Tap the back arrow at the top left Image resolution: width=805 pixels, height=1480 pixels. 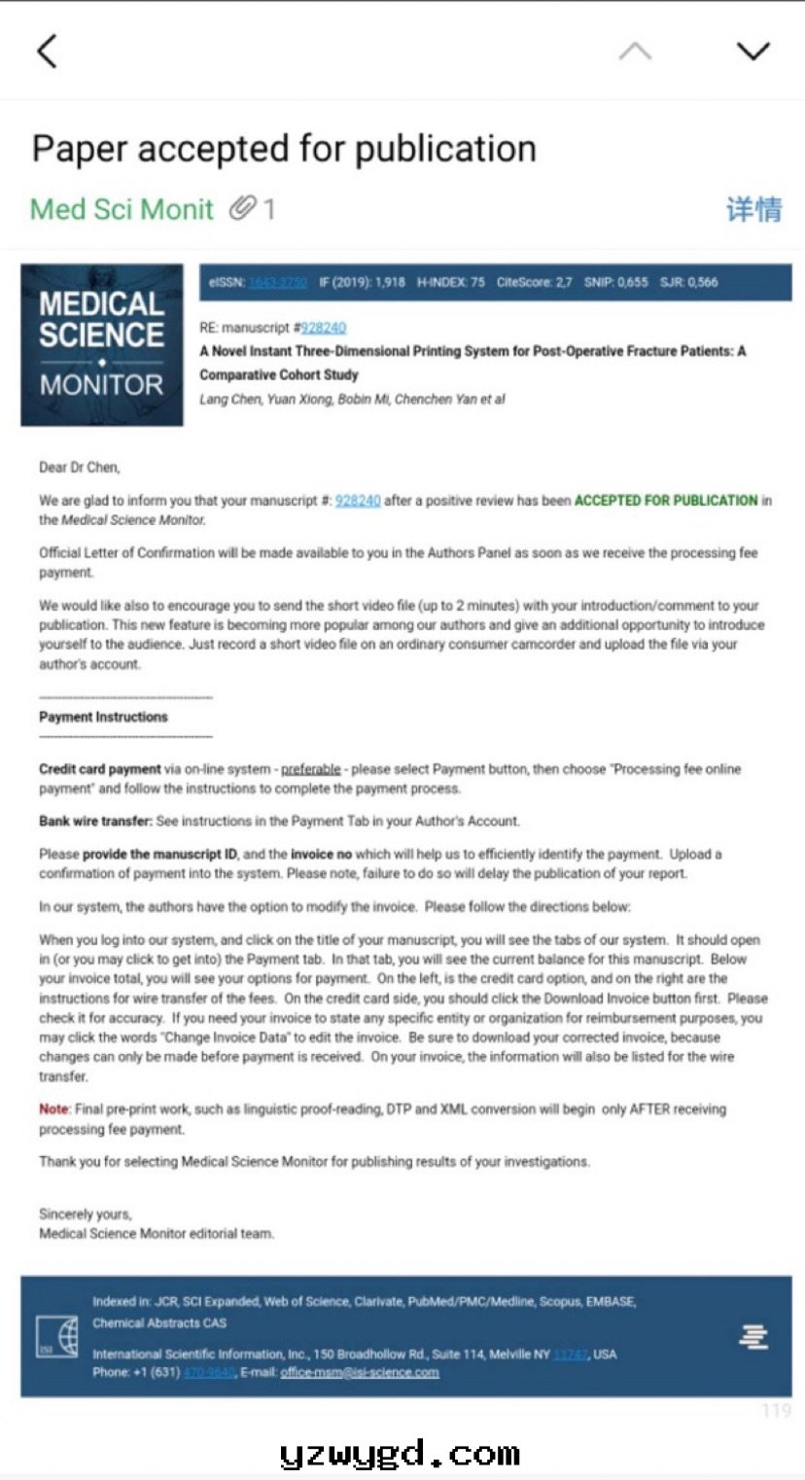pos(47,52)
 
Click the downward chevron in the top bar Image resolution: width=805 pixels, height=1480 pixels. pos(753,52)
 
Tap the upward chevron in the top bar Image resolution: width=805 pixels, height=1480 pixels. pos(635,52)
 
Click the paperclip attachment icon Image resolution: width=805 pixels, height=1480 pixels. pos(242,208)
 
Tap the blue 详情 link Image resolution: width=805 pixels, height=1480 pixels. pos(753,209)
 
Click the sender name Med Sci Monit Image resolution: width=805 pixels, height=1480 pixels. pos(122,209)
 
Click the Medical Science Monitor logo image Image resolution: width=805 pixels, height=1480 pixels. pos(102,345)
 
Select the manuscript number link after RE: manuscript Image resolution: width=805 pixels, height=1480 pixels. pos(323,328)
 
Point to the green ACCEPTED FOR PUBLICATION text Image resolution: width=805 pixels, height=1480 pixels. pos(666,501)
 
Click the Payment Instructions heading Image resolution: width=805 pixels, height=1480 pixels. pos(103,717)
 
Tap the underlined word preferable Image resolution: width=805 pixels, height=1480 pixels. pos(311,769)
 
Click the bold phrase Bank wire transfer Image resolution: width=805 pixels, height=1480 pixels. pos(95,821)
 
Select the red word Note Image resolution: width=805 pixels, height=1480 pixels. pos(53,1109)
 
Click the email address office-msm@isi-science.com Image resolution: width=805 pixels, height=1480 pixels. pos(360,1372)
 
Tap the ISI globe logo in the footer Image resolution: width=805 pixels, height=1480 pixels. pos(57,1336)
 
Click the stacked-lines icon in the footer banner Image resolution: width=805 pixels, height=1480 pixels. pos(753,1337)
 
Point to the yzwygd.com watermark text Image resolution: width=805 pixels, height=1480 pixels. pos(400,1455)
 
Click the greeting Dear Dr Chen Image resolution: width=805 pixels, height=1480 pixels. pos(79,468)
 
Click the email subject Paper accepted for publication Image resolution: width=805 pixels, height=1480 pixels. pos(284,149)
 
